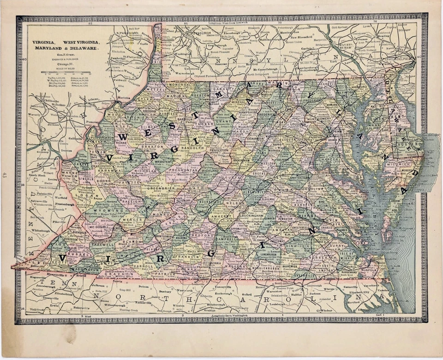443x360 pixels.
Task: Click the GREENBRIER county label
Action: click(160, 188)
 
